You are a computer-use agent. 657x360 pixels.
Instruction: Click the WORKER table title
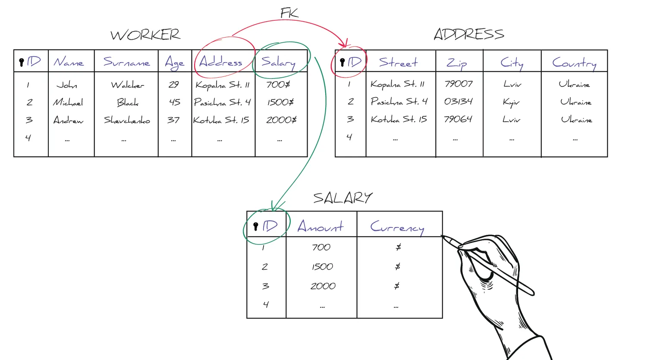point(145,35)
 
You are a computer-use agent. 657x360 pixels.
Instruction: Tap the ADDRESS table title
point(469,34)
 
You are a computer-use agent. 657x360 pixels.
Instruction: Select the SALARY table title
point(343,198)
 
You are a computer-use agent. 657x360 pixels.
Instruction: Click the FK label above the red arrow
point(289,13)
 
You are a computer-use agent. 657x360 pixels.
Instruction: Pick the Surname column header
point(126,62)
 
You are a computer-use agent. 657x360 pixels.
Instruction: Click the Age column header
point(174,63)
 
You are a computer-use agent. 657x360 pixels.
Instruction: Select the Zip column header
point(457,63)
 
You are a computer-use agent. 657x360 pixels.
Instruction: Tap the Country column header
point(574,63)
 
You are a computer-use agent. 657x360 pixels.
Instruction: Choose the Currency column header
point(397,227)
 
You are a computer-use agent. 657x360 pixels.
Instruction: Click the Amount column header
point(321,226)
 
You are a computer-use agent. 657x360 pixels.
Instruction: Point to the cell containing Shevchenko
point(127,120)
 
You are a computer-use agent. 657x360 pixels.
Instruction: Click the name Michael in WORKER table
point(68,102)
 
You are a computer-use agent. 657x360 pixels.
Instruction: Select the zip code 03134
point(458,101)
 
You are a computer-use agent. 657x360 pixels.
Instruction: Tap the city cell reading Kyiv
point(511,102)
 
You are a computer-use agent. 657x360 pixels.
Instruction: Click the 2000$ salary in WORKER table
point(281,120)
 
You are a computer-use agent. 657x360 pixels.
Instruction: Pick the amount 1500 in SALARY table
point(322,267)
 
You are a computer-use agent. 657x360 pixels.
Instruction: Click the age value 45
point(174,102)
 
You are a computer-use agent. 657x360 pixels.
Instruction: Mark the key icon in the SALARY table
point(256,226)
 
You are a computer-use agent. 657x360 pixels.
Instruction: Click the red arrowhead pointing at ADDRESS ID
point(344,44)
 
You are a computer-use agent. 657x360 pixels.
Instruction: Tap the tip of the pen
point(443,237)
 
